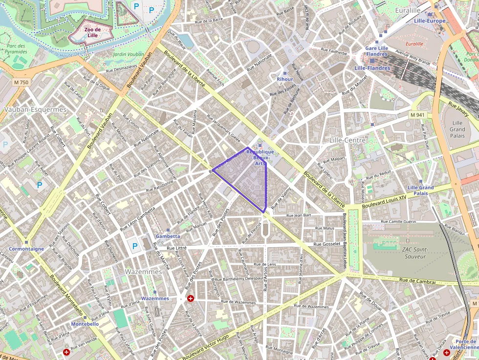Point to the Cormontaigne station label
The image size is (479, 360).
click(26, 249)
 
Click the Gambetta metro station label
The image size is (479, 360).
click(168, 236)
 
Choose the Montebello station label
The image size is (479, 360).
click(85, 324)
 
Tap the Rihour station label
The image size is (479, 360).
click(285, 79)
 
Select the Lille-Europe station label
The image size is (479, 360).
click(430, 21)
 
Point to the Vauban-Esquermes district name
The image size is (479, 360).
click(35, 109)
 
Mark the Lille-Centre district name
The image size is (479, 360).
click(348, 140)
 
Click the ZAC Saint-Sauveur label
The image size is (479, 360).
click(414, 253)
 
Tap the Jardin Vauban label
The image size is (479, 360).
click(129, 55)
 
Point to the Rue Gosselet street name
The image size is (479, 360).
click(327, 244)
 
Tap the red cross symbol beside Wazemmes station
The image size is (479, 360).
click(191, 298)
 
